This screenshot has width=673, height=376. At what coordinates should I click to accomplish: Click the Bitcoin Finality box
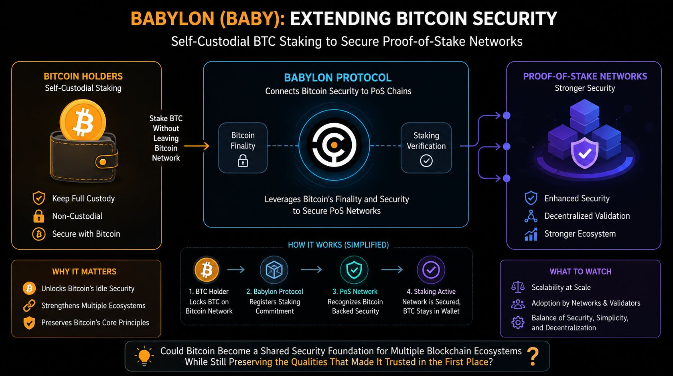tap(243, 148)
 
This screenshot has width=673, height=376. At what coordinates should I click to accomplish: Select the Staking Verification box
tap(426, 148)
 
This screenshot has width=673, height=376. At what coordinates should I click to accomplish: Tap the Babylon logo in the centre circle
tap(334, 145)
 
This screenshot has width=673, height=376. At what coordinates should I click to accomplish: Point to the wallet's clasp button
tap(103, 162)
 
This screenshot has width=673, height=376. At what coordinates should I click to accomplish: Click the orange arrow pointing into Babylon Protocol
tap(197, 146)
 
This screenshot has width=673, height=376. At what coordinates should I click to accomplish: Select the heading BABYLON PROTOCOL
tap(338, 78)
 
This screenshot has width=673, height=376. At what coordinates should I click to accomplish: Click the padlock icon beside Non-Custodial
tap(39, 216)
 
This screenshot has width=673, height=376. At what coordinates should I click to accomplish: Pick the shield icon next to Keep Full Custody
tap(39, 198)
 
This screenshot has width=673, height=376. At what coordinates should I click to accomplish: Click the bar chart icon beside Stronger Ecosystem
tap(531, 234)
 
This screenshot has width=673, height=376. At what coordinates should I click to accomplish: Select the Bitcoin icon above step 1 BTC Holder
tap(207, 270)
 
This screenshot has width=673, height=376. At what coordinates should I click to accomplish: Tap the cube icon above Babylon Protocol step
tap(274, 270)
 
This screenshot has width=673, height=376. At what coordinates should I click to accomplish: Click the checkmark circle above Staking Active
tap(431, 270)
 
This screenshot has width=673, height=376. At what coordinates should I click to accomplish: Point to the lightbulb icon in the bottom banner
tap(144, 356)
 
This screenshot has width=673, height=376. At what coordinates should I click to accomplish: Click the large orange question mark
tap(533, 356)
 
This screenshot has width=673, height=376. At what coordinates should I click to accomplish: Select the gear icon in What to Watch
tap(518, 323)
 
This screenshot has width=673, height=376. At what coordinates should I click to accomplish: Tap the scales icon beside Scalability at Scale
tap(518, 287)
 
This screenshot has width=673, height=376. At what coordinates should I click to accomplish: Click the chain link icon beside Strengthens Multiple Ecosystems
tap(29, 306)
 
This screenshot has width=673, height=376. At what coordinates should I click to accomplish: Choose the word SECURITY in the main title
tap(515, 18)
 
